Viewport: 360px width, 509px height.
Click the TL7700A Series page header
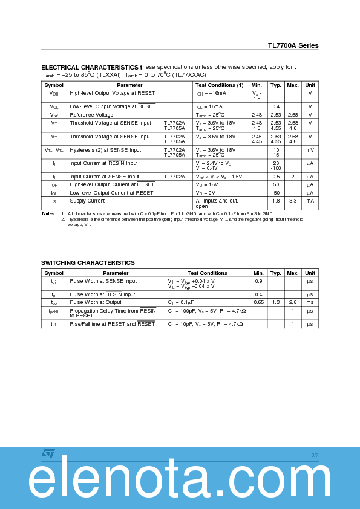(293, 45)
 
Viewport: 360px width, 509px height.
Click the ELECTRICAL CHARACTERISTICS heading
(90, 67)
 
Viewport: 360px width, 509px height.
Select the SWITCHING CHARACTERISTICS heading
(88, 262)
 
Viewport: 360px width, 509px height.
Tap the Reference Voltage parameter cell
(91, 115)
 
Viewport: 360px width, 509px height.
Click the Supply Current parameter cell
(87, 201)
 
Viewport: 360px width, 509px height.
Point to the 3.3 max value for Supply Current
(293, 201)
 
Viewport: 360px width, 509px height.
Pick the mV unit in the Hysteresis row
(310, 150)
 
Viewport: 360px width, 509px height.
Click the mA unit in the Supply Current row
(310, 201)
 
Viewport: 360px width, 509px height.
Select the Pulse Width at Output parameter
(96, 302)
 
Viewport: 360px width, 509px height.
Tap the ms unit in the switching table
(310, 302)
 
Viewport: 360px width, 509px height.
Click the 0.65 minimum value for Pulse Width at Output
(258, 302)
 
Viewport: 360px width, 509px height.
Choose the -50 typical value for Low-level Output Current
(276, 193)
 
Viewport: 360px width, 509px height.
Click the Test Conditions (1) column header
(219, 85)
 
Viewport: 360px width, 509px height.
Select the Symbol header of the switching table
(53, 273)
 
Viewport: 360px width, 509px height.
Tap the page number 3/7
(315, 455)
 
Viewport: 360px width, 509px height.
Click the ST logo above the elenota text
(48, 454)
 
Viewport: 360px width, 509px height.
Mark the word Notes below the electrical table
(49, 214)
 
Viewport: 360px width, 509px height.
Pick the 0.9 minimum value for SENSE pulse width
(258, 281)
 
